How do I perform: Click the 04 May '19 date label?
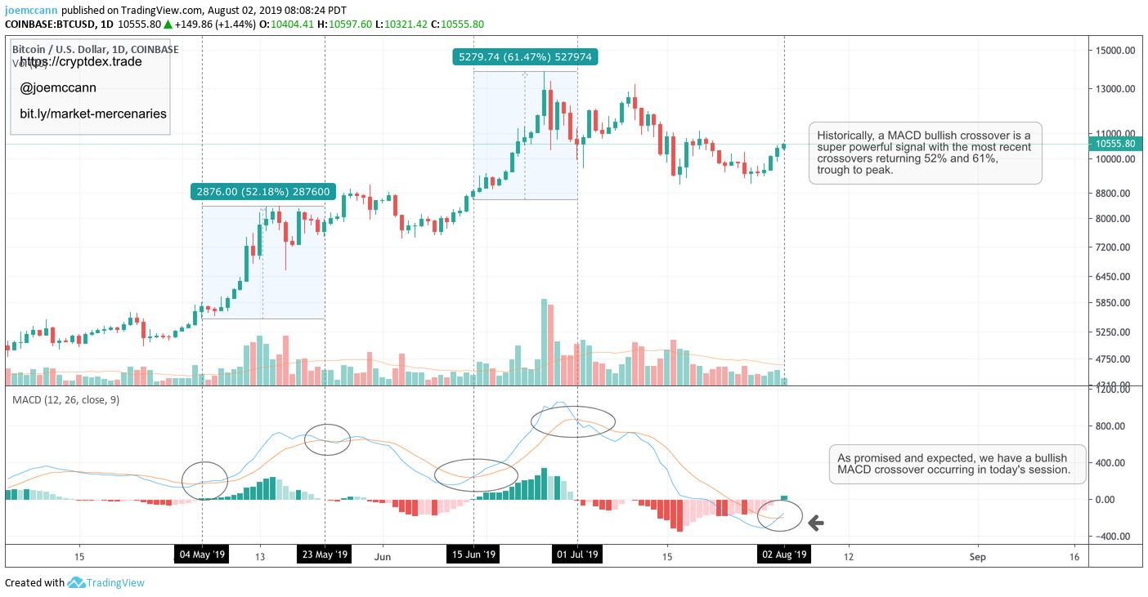click(202, 555)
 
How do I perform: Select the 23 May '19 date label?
click(325, 555)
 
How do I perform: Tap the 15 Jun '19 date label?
click(473, 555)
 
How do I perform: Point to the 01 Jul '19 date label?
click(577, 555)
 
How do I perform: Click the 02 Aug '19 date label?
click(784, 555)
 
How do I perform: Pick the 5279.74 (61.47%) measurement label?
click(525, 57)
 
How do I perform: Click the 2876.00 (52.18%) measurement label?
click(263, 192)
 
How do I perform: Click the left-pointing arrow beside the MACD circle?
click(815, 523)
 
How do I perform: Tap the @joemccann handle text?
click(59, 88)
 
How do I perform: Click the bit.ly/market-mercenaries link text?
click(93, 114)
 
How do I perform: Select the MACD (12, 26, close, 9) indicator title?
click(65, 400)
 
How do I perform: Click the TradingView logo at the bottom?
click(105, 583)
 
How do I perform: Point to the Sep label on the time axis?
click(978, 557)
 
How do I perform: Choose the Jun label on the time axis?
click(381, 557)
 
